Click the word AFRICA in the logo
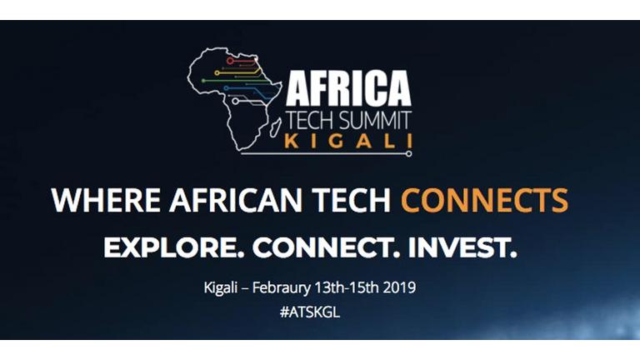348,87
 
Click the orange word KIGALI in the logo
348,141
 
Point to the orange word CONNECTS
484,200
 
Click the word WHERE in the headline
106,200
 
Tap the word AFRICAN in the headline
236,200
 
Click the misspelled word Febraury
281,287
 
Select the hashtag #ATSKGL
310,312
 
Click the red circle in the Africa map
230,61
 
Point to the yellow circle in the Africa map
217,73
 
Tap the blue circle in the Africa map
226,88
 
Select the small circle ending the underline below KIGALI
408,154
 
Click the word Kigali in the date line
220,287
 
